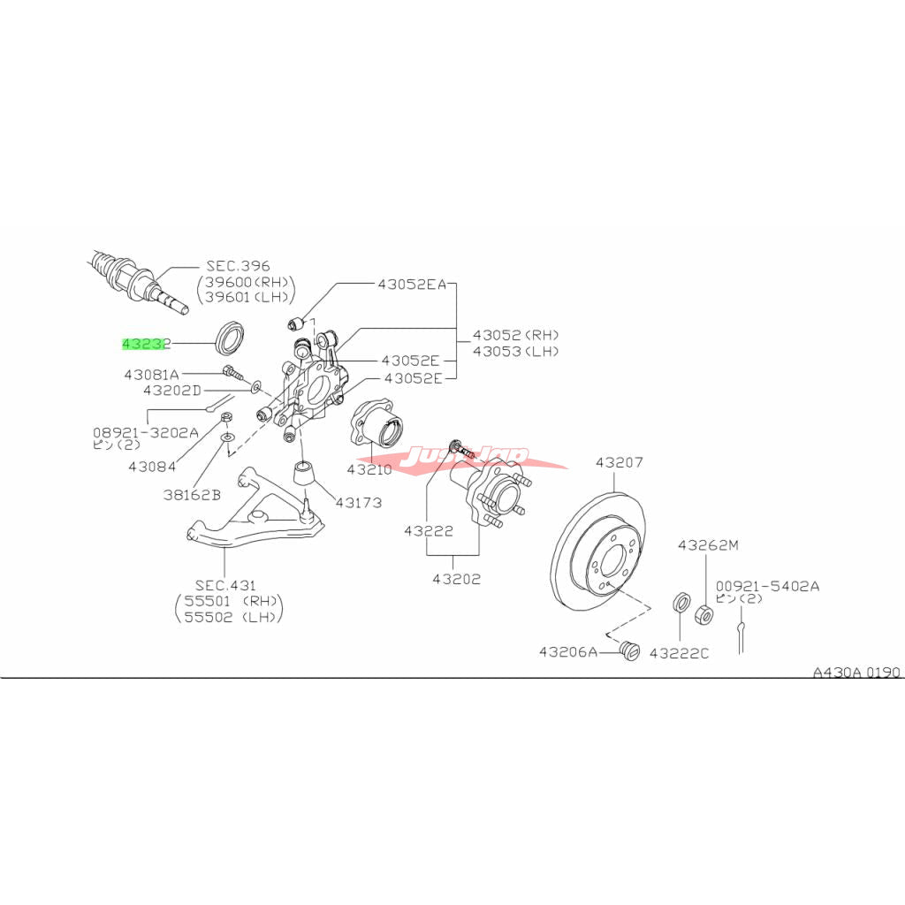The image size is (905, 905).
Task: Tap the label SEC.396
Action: click(238, 265)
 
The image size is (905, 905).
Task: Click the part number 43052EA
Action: click(413, 285)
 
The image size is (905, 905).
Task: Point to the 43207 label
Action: click(619, 462)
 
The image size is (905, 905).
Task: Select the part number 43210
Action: click(369, 469)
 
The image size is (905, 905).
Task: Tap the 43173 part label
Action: click(358, 503)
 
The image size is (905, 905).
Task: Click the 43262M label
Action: click(707, 545)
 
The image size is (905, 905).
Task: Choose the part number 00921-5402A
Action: click(767, 585)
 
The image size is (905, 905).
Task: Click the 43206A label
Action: click(568, 652)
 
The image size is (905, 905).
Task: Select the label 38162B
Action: click(191, 495)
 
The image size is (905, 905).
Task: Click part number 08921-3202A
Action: click(146, 433)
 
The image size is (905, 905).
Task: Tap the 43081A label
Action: click(151, 375)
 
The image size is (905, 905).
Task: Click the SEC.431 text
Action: click(225, 585)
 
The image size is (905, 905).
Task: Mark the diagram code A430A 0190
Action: click(856, 673)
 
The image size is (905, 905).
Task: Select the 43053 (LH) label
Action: click(515, 351)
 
